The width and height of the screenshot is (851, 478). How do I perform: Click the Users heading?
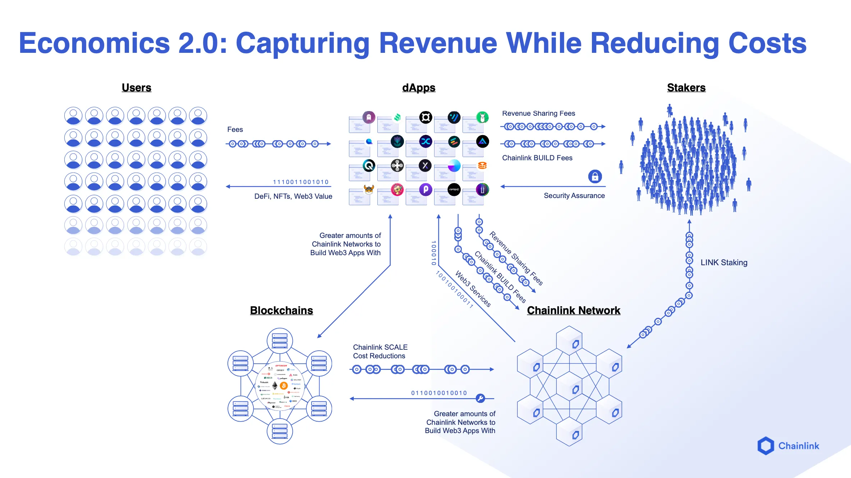click(x=136, y=88)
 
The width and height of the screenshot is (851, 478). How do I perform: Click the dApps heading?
click(x=419, y=88)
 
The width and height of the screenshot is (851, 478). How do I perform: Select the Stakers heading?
click(x=686, y=88)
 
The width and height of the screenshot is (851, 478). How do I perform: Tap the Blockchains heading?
click(x=281, y=311)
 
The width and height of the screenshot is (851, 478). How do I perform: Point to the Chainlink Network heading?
click(x=574, y=311)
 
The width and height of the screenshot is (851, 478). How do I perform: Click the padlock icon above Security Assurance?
click(x=595, y=176)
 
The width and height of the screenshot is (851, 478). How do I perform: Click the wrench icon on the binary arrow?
click(x=480, y=398)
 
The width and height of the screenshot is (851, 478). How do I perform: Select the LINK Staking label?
click(x=724, y=263)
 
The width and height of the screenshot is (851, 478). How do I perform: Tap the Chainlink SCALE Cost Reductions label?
click(x=380, y=351)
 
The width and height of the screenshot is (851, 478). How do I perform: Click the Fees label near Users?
click(x=235, y=129)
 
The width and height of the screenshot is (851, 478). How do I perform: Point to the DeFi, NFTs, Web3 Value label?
click(x=293, y=196)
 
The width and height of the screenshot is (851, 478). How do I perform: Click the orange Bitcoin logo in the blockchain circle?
click(x=284, y=386)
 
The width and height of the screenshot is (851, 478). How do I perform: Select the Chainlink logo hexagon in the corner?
click(x=766, y=446)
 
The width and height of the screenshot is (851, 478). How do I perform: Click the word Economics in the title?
click(x=94, y=43)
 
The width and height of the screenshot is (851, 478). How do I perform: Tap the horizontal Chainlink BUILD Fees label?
click(x=537, y=158)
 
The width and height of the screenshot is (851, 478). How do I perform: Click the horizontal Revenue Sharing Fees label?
click(x=538, y=114)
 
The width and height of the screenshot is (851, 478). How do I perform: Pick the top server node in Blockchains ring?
click(x=280, y=340)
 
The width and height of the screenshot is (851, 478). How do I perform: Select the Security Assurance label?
click(x=574, y=196)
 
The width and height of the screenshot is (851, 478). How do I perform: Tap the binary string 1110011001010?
click(x=301, y=182)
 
